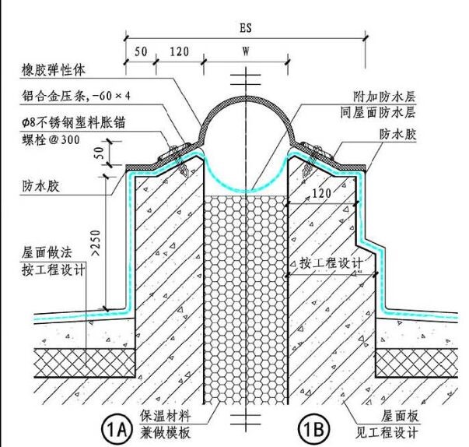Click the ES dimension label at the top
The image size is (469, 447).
247,27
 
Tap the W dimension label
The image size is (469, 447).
246,55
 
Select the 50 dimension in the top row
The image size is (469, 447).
141,53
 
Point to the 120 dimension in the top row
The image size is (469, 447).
180,53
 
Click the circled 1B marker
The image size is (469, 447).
315,428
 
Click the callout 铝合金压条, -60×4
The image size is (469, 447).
75,97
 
